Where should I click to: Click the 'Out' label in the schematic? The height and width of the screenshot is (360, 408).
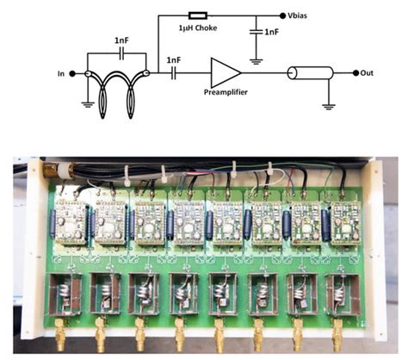click(368, 74)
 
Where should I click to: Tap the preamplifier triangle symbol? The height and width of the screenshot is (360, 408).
click(225, 74)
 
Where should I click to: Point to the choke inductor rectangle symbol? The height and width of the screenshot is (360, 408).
click(197, 15)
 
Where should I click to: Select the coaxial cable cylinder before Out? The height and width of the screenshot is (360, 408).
click(308, 74)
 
